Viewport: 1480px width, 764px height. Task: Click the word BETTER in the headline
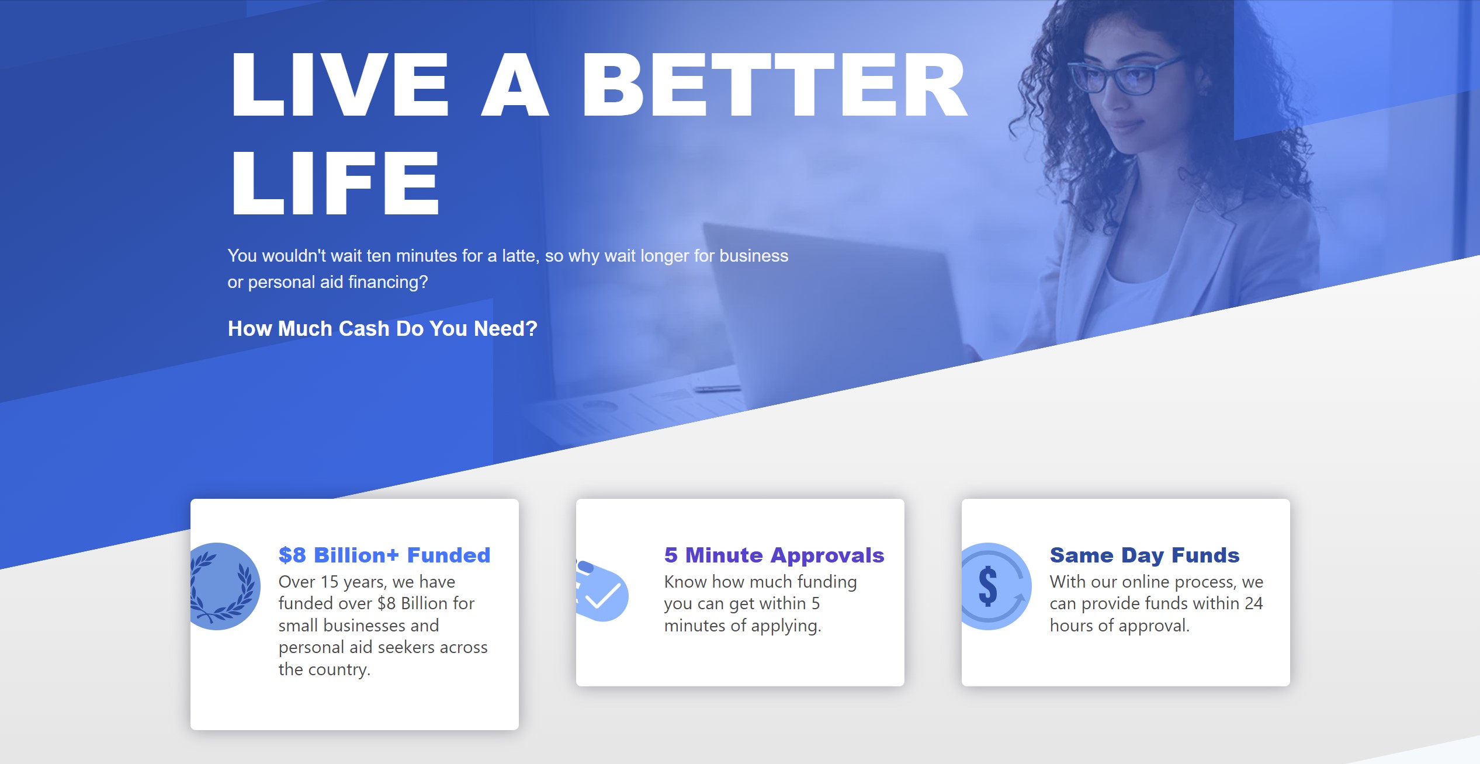click(774, 85)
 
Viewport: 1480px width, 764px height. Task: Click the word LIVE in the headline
click(340, 85)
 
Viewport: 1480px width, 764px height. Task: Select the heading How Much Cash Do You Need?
click(382, 328)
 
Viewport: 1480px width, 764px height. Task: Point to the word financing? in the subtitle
click(387, 282)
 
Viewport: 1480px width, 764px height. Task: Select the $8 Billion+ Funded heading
click(384, 555)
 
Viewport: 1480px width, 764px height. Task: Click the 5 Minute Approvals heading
click(774, 555)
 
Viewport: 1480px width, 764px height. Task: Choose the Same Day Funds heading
click(1145, 555)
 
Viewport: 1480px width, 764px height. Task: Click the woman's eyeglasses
click(1122, 77)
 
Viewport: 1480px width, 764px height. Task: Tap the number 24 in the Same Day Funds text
click(1254, 603)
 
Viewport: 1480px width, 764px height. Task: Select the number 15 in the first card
click(330, 582)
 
